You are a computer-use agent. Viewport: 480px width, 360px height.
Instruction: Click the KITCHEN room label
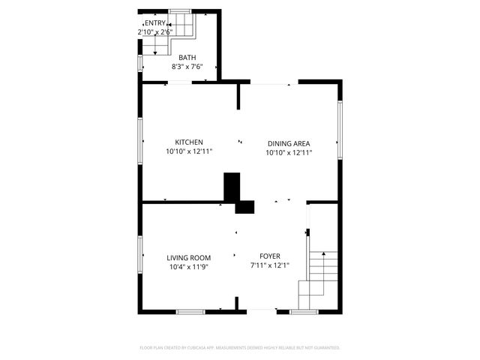point(189,142)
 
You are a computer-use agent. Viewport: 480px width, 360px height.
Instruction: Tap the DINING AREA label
point(289,143)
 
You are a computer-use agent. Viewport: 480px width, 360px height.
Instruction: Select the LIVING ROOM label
point(188,257)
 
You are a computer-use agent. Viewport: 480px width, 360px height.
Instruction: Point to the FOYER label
point(270,256)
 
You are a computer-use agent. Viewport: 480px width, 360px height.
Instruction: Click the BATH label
point(187,57)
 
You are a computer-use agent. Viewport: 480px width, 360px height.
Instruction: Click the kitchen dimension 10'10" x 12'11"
point(189,151)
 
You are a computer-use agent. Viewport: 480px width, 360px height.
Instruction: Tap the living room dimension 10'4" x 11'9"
point(188,266)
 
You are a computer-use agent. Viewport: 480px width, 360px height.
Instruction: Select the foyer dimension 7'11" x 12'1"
point(270,265)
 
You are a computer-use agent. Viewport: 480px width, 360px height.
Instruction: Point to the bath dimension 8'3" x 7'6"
point(187,66)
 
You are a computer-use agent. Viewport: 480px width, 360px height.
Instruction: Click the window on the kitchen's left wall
point(140,139)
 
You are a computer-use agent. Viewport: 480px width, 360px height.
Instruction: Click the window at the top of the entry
point(179,10)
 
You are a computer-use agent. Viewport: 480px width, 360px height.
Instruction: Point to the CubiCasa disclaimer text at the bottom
point(240,348)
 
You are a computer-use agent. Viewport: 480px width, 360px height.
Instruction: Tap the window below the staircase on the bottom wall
point(304,311)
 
